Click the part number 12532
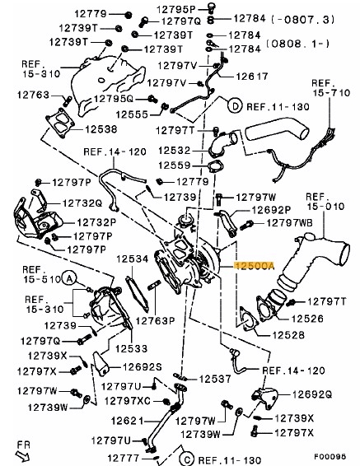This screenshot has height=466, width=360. tap(175, 150)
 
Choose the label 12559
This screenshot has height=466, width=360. tap(175, 165)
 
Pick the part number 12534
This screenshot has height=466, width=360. tap(132, 259)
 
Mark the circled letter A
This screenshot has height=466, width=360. tap(71, 280)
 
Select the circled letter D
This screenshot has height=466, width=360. tap(236, 106)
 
